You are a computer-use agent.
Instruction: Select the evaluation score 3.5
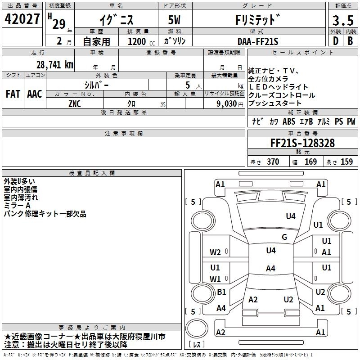(342, 21)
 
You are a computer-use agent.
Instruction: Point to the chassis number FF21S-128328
(302, 144)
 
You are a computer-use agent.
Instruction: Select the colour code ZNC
(75, 103)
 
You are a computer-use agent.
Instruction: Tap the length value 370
(273, 162)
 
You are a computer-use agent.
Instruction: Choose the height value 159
(346, 162)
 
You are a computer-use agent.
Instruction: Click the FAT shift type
(13, 94)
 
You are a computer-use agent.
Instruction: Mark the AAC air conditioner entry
(35, 94)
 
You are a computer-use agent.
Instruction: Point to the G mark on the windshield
(284, 237)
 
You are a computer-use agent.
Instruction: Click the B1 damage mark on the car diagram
(221, 292)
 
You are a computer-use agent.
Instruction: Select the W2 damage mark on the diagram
(216, 252)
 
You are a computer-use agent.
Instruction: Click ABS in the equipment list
(288, 121)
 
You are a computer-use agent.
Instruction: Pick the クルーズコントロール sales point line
(282, 95)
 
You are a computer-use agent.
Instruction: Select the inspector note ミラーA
(17, 206)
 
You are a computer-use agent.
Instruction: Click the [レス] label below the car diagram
(197, 345)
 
